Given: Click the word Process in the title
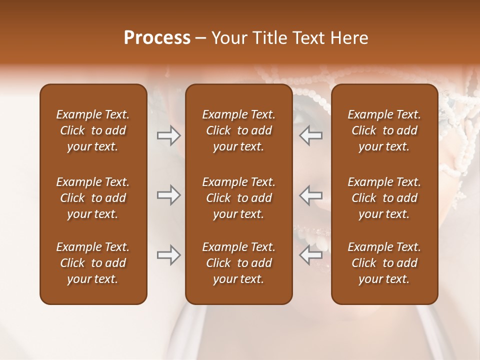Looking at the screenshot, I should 157,38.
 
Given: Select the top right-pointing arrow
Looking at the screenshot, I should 168,135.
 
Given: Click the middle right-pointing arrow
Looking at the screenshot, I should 168,195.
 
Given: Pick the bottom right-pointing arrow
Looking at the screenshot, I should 168,255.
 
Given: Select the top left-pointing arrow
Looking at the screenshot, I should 311,135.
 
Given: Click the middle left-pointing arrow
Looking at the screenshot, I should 311,195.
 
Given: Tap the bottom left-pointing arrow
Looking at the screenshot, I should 311,255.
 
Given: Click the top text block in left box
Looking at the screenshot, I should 93,130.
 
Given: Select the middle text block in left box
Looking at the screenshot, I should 93,198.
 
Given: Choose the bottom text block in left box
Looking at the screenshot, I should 93,263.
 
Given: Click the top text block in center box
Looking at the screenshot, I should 238,130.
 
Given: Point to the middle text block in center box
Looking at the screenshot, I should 238,198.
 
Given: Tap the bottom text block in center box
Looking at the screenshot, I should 238,263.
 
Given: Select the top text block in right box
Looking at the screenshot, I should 384,130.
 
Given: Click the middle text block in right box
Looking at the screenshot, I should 384,198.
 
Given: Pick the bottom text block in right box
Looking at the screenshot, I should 384,263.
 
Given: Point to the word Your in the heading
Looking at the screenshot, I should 228,38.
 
